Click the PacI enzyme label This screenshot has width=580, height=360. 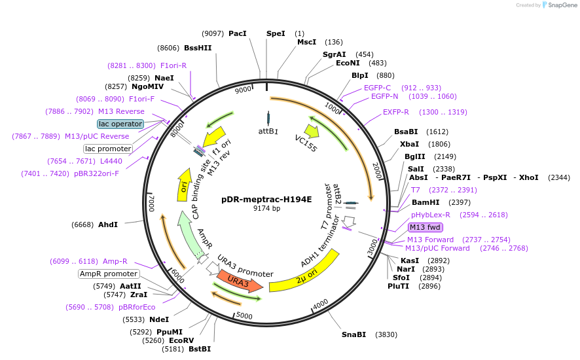pos(238,33)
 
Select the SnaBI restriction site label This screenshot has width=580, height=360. pos(353,334)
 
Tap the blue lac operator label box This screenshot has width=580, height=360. pos(120,124)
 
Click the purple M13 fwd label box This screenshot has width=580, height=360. pos(426,227)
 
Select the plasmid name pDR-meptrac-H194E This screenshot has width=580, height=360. pos(266,199)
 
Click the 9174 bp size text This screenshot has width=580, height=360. pos(266,209)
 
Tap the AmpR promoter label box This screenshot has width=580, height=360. pos(109,274)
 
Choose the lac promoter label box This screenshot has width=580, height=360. pos(108,149)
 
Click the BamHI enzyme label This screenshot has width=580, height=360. pos(426,202)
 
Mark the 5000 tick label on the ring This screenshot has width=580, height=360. pos(244,315)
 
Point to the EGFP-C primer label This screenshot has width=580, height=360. pos(377,88)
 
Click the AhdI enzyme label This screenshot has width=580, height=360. pos(108,225)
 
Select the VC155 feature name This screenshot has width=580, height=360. pos(306,143)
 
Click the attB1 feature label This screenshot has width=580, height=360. pos(268,131)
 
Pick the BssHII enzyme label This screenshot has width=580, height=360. pos(198,48)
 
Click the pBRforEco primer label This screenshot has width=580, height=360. pos(137,307)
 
